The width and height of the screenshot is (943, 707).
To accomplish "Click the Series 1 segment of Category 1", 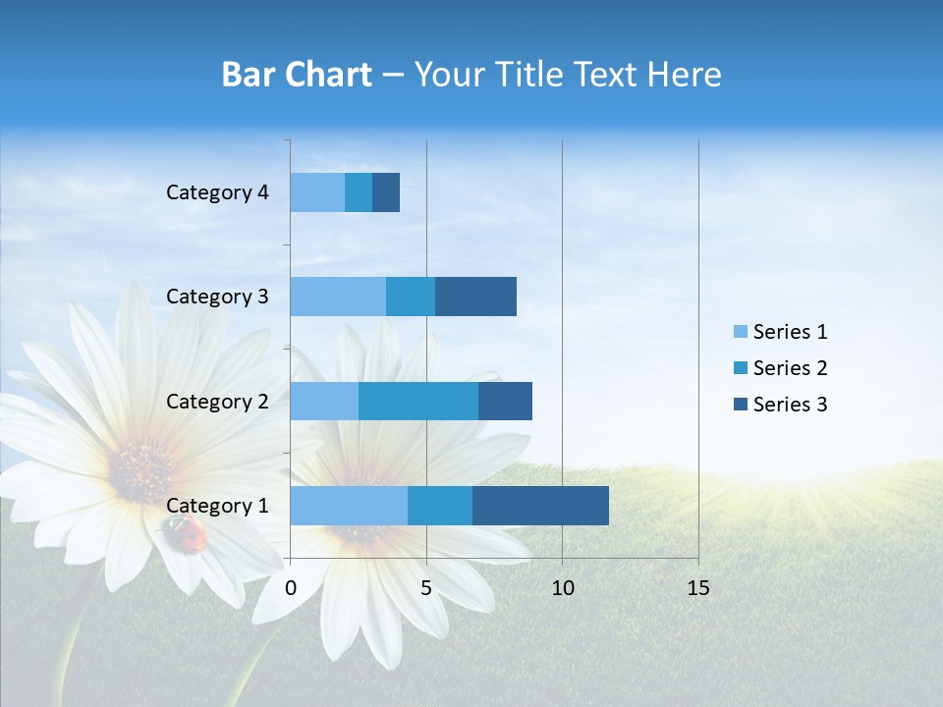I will click(349, 506).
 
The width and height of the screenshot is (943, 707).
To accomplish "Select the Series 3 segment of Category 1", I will click(540, 506).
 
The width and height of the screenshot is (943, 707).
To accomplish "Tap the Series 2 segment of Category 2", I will click(418, 401).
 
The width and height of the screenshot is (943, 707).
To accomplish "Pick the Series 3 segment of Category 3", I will click(475, 297).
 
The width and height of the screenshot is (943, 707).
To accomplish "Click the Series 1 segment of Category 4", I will click(317, 192).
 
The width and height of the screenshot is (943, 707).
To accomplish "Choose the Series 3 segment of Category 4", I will click(386, 192).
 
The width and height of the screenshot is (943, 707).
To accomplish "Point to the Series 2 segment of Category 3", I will click(411, 297).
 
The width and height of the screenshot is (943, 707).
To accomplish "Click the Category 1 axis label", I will click(217, 506).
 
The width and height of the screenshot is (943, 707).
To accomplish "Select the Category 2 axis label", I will click(217, 402).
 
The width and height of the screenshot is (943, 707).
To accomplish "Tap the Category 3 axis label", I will click(217, 297).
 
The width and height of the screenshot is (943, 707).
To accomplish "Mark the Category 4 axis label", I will click(217, 192).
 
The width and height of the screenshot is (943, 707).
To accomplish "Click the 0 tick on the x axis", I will click(291, 588).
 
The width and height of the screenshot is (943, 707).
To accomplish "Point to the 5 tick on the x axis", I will click(426, 588).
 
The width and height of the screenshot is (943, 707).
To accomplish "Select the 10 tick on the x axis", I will click(562, 588).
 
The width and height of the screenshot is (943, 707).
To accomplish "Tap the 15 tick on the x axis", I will click(697, 588).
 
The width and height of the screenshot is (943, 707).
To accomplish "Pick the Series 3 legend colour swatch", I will click(740, 405).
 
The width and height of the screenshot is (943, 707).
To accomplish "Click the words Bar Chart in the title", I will click(297, 75).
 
